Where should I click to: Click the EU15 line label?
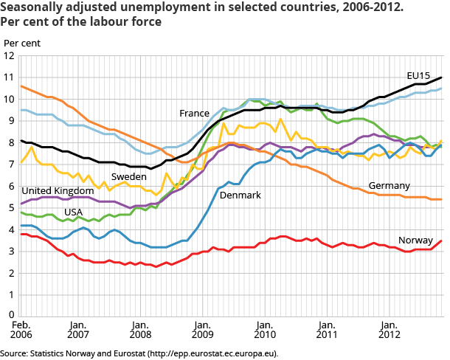tap(418, 75)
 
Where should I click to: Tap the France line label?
tap(194, 114)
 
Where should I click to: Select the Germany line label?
tap(390, 185)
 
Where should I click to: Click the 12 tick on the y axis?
tap(9, 56)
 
